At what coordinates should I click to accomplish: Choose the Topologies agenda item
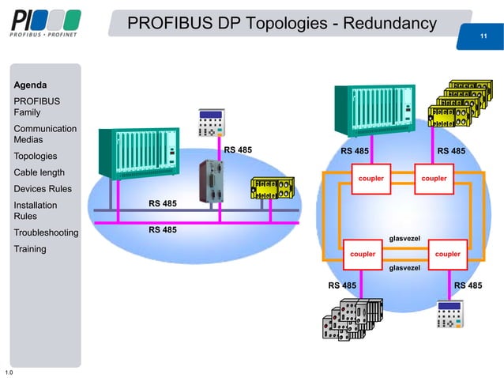point(37,157)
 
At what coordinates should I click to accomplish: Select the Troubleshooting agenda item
point(46,232)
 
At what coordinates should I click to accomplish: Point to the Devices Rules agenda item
point(43,189)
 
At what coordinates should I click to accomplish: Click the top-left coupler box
point(370,179)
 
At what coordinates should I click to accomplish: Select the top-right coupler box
point(434,179)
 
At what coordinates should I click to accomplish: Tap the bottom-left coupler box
point(363,254)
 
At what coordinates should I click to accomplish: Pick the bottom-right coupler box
point(448,254)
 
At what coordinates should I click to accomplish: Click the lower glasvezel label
point(405,268)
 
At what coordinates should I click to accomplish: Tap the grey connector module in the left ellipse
point(212,183)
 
